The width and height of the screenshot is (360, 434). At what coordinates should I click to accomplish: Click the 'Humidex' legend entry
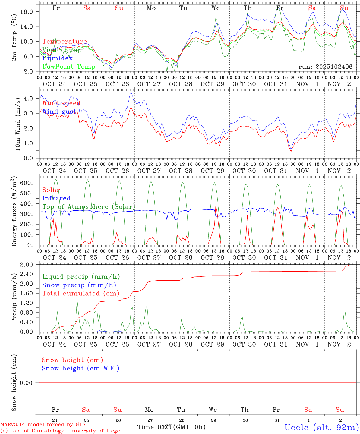click(x=57, y=58)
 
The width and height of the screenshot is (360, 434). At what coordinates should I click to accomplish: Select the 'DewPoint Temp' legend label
click(x=69, y=67)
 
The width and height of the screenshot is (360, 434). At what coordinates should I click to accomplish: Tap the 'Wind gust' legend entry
click(x=59, y=112)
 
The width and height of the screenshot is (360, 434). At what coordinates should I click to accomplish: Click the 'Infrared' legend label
click(x=56, y=198)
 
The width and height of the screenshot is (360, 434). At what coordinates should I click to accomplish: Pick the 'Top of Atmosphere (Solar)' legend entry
click(x=89, y=207)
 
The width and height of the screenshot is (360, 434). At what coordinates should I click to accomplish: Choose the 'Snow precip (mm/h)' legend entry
click(x=79, y=285)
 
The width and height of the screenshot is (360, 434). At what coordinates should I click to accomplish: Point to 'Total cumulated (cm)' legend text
click(x=81, y=294)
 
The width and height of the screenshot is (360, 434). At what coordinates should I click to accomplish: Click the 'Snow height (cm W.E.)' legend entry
click(x=81, y=368)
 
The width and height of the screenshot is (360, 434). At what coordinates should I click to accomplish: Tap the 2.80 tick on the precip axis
click(x=30, y=265)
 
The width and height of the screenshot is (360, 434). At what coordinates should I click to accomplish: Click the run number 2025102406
click(x=326, y=67)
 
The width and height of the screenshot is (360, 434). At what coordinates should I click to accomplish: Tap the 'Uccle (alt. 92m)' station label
click(x=322, y=427)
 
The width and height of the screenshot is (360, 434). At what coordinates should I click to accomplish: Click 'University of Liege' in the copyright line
click(x=94, y=431)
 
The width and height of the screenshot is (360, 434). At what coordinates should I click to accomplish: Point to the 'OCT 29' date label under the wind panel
click(x=213, y=171)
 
